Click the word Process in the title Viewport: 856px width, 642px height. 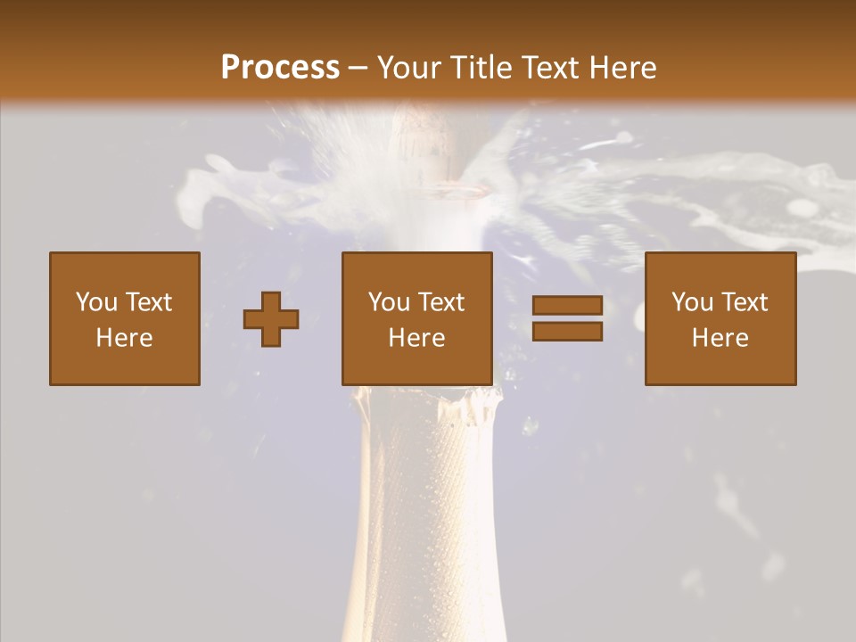coord(280,68)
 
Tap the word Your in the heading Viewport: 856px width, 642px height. coord(411,68)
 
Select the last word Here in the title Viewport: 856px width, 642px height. coord(623,68)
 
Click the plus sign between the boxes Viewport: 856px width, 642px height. coord(271,319)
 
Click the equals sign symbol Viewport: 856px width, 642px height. coord(567,319)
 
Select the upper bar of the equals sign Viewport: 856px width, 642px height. coord(567,307)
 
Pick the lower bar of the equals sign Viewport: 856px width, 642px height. coord(567,332)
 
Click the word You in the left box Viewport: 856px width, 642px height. coord(95,302)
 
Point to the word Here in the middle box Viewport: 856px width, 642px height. coord(417,338)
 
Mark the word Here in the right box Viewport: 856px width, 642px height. coord(720,338)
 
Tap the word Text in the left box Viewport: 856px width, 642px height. coord(149,302)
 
